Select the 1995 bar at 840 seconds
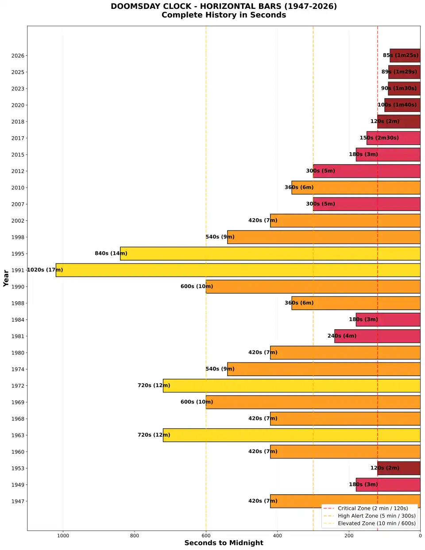click(x=270, y=254)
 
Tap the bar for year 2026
click(x=405, y=55)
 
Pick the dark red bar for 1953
click(x=398, y=468)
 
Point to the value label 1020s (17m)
click(x=45, y=270)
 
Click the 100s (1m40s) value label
click(x=397, y=105)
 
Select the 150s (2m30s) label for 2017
click(x=379, y=138)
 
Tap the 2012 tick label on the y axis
click(x=18, y=171)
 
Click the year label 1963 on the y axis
click(x=18, y=435)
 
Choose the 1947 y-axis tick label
click(x=18, y=501)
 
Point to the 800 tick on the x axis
click(x=135, y=536)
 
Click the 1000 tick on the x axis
click(x=63, y=536)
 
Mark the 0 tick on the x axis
click(x=420, y=536)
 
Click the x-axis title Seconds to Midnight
click(x=224, y=543)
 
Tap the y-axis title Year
click(x=6, y=278)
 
